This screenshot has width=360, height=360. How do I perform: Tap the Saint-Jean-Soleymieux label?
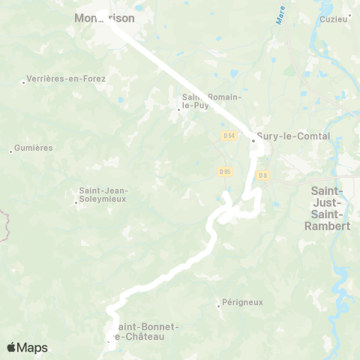point(103,195)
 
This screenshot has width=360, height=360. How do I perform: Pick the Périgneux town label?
point(243,302)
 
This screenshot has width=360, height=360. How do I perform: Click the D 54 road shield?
point(229,135)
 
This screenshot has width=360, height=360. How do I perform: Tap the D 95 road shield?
point(224,172)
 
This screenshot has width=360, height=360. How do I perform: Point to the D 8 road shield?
point(262,175)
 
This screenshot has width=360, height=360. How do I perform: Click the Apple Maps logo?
point(27,347)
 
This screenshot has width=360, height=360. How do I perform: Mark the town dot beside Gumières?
point(10,151)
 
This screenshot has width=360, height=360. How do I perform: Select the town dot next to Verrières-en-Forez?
point(23,82)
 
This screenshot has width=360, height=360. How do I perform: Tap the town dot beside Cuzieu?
point(351,19)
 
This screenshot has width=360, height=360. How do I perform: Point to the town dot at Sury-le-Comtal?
point(253,139)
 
